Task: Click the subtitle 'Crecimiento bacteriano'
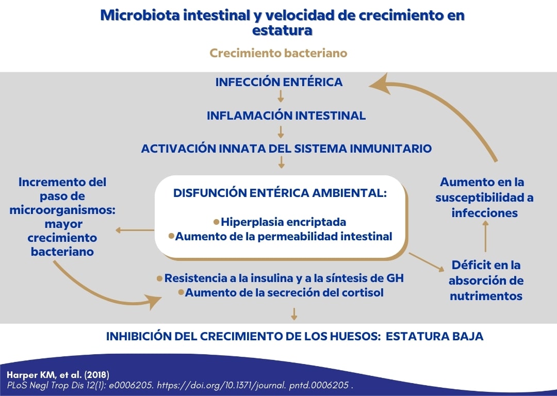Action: click(278, 53)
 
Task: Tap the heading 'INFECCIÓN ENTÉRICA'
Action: click(278, 82)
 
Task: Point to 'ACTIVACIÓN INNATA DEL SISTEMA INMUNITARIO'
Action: click(286, 148)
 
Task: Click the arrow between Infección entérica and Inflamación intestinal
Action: click(281, 97)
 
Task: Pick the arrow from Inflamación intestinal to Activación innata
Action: click(281, 131)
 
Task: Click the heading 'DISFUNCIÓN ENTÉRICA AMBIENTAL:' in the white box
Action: click(280, 193)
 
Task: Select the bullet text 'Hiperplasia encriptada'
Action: click(283, 222)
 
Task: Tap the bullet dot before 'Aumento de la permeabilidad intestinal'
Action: click(172, 236)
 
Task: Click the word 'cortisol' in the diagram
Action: click(364, 293)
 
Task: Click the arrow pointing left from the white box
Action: click(134, 230)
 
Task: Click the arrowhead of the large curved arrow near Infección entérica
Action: click(381, 84)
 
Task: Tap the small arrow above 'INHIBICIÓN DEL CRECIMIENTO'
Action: click(294, 313)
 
